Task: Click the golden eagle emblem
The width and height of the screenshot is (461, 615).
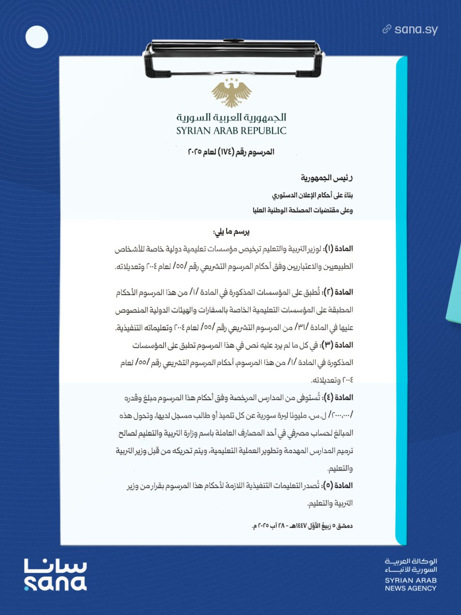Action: (231, 92)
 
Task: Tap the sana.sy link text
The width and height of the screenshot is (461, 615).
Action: (416, 30)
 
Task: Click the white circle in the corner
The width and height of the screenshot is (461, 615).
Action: (36, 37)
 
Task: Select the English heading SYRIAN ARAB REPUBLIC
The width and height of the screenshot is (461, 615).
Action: (231, 131)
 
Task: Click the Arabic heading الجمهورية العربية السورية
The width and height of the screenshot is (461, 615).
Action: (231, 117)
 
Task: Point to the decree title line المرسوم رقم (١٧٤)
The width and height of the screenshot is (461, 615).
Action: (231, 152)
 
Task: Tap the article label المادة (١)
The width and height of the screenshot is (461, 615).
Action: (339, 249)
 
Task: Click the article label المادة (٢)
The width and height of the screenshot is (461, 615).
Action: (339, 292)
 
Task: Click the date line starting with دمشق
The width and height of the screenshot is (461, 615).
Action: (302, 526)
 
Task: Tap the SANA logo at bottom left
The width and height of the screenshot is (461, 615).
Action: (55, 574)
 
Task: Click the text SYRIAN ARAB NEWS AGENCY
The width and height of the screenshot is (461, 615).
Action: (411, 584)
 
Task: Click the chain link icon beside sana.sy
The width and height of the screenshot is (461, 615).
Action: (387, 29)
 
